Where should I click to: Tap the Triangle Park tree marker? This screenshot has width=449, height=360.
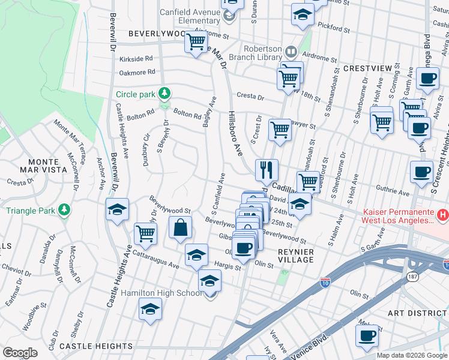click(x=62, y=210)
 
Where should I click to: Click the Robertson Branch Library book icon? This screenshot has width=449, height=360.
click(x=291, y=52)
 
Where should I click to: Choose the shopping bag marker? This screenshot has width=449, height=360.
click(x=180, y=228)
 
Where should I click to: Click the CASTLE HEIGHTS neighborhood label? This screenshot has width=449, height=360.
click(x=96, y=346)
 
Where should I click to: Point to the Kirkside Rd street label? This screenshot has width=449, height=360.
click(x=136, y=59)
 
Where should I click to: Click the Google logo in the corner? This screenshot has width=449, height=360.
click(x=20, y=353)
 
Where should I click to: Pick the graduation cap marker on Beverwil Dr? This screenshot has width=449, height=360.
click(x=117, y=210)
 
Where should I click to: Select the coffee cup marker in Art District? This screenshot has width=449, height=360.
click(x=367, y=336)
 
